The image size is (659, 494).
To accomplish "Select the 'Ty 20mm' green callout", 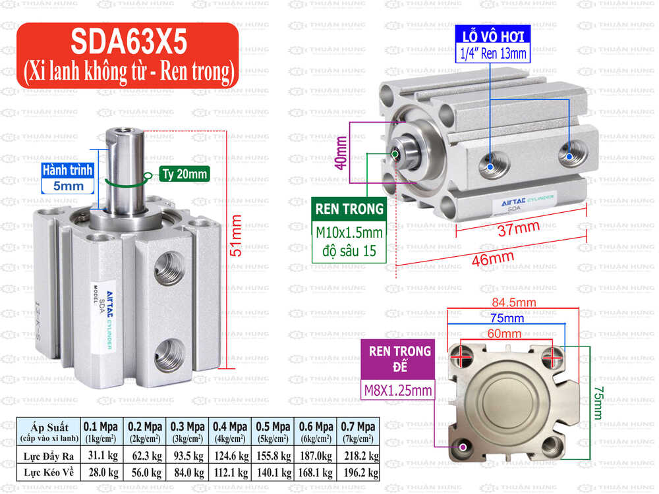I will pyautogui.click(x=183, y=175).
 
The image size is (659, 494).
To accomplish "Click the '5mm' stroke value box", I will pyautogui.click(x=68, y=186).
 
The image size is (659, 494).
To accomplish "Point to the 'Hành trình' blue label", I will pyautogui.click(x=68, y=170).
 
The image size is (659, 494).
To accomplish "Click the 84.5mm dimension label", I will pyautogui.click(x=511, y=303).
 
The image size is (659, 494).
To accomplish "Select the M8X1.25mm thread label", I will pyautogui.click(x=398, y=391).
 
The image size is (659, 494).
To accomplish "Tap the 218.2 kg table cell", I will pyautogui.click(x=358, y=455).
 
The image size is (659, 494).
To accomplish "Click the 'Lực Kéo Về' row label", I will pyautogui.click(x=47, y=472).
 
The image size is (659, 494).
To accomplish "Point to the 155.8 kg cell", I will pyautogui.click(x=272, y=455).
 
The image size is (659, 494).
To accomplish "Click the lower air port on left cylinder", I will pyautogui.click(x=169, y=347).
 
